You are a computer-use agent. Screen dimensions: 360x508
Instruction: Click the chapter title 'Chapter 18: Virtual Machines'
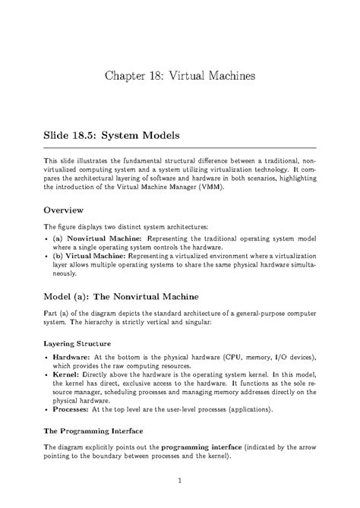click(x=180, y=77)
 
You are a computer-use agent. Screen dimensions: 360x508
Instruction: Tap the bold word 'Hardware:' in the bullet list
click(x=72, y=356)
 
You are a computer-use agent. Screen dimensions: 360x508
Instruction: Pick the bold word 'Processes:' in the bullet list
click(x=74, y=409)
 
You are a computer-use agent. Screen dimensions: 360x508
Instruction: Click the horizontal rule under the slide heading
click(x=180, y=147)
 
